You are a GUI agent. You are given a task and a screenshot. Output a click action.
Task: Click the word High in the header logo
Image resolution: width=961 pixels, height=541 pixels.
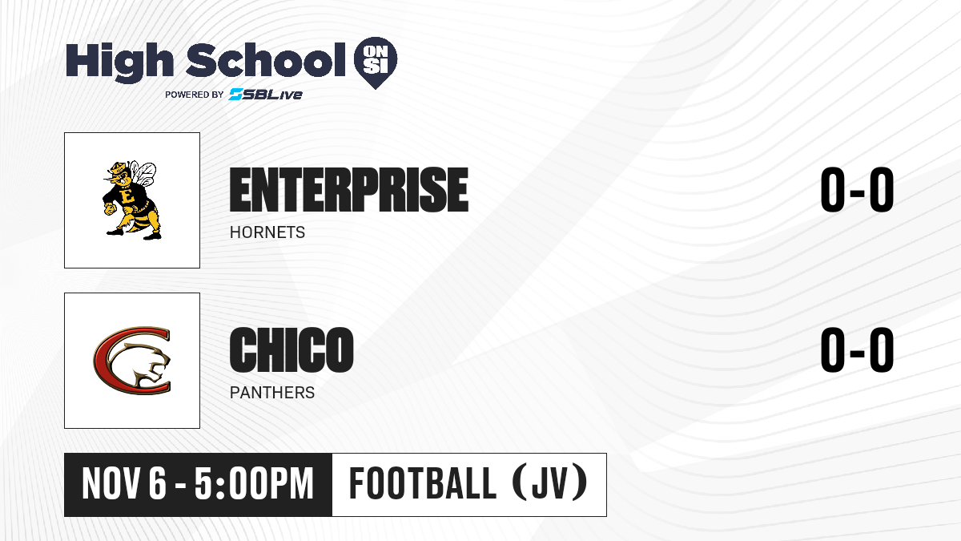coord(120,63)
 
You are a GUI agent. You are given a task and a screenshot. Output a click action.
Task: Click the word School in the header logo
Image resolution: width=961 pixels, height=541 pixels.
coord(266,60)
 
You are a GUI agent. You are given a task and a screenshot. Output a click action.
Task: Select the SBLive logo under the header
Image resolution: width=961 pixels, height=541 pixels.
coord(265,95)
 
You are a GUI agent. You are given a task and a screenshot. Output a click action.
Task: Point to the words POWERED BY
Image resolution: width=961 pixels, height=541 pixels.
coord(195,95)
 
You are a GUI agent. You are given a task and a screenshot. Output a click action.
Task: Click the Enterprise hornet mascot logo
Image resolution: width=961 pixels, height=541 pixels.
coord(131,200)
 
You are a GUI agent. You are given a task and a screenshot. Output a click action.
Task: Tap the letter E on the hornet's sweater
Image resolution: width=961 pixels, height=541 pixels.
coord(127,196)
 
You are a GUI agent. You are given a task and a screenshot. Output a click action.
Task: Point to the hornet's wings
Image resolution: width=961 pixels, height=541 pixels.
coord(143,173)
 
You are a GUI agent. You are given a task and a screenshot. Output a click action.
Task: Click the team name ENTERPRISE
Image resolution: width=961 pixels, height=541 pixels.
coord(349,190)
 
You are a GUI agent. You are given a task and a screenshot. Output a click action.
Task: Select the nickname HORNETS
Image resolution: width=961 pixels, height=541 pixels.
coord(267,232)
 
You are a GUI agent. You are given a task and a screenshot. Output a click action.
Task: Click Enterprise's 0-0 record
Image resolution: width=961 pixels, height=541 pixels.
coord(857,189)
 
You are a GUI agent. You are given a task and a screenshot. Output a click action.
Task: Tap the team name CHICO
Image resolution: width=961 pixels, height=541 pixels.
coord(292,349)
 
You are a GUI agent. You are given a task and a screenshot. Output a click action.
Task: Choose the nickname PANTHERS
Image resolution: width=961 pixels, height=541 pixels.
coord(272,393)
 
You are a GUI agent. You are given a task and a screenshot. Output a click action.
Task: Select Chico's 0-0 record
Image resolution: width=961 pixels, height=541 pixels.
coord(857,349)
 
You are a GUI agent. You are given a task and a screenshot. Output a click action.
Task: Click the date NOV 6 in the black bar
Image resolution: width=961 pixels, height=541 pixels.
coord(124,484)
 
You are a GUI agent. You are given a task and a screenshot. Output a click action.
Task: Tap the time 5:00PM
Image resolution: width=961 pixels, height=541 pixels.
coord(255,484)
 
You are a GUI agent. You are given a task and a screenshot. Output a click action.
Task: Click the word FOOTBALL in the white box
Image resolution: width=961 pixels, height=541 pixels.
coord(423,483)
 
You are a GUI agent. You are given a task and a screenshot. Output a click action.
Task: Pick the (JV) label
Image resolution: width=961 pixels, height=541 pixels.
coord(550,483)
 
